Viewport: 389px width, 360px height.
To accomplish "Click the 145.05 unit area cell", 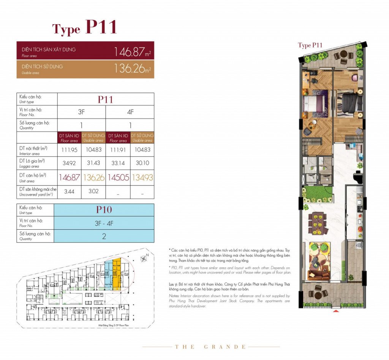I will click(118, 177).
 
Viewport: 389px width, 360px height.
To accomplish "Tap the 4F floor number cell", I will click(130, 112).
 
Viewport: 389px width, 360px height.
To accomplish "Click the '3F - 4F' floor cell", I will click(104, 223).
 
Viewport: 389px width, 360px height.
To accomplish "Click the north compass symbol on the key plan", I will click(144, 259).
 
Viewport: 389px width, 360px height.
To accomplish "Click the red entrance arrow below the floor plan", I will click(335, 312).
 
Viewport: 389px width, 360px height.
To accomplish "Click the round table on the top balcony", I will click(343, 57).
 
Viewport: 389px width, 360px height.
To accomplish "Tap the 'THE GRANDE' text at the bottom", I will click(210, 347).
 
